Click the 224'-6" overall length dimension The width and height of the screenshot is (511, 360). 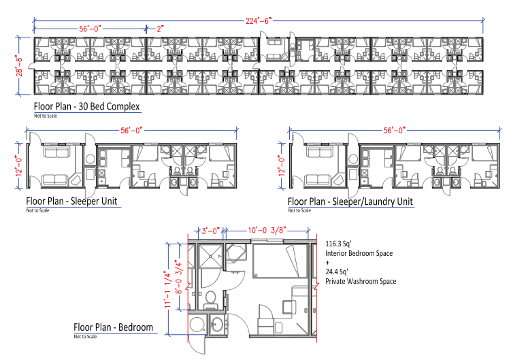(x=259, y=21)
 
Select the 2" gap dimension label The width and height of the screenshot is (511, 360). (x=160, y=29)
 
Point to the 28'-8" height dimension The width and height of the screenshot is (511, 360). (x=20, y=66)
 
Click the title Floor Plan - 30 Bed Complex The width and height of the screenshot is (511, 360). (x=86, y=106)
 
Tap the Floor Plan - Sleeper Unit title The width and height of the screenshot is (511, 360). (x=71, y=201)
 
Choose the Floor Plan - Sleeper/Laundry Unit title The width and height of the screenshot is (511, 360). (x=350, y=201)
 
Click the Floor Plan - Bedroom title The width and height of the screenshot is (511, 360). (x=114, y=327)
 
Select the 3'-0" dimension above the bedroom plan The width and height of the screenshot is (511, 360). (x=210, y=231)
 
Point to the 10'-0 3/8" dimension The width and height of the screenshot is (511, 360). (x=267, y=231)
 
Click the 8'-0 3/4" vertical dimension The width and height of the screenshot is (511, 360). (x=179, y=277)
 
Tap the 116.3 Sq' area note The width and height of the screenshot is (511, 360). (x=338, y=244)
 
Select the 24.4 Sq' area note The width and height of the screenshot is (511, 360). (x=337, y=272)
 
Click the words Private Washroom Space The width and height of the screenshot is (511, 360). (x=361, y=281)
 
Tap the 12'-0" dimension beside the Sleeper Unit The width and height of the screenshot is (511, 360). (x=19, y=165)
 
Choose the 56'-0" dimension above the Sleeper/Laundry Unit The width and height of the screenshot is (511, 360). (x=395, y=131)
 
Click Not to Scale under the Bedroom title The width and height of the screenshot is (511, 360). (x=85, y=336)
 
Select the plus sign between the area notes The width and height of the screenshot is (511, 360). (x=327, y=262)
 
